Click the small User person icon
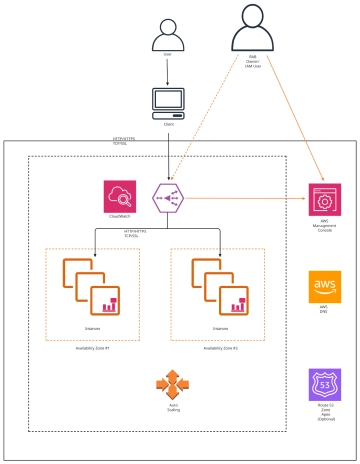click(x=167, y=37)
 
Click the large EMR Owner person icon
click(x=251, y=29)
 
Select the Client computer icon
click(x=167, y=102)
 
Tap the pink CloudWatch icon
click(x=119, y=195)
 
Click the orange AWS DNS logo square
click(x=325, y=286)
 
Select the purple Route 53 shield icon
click(x=325, y=384)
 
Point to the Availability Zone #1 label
click(x=91, y=348)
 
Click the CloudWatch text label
click(x=119, y=217)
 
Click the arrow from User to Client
click(x=167, y=76)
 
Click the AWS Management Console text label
click(x=325, y=227)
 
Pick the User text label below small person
click(x=167, y=57)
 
